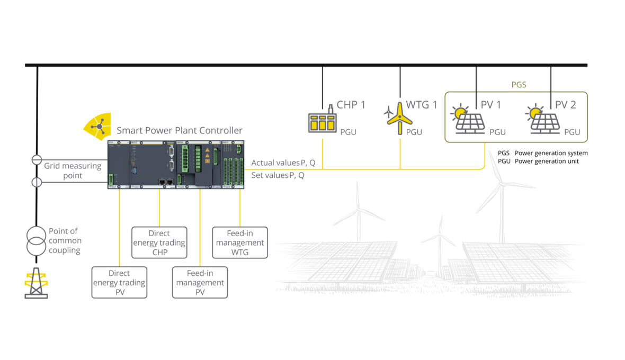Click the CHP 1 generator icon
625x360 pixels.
pos(323,121)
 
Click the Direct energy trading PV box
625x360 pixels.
pos(119,282)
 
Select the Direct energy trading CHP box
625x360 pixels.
pos(159,242)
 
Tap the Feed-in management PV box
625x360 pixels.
pos(200,282)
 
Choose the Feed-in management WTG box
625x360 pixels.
pos(240,242)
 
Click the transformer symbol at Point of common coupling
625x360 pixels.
pos(37,241)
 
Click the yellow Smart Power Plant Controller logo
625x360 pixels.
pos(97,127)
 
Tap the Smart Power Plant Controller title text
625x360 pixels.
pos(180,130)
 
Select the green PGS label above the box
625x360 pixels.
pos(519,84)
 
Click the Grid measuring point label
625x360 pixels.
pos(73,170)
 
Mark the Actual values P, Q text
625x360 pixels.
pos(283,163)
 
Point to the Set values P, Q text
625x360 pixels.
pos(278,175)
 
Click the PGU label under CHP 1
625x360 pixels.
pos(348,132)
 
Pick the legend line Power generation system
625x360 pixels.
pos(543,153)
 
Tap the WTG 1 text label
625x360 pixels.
pos(422,105)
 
